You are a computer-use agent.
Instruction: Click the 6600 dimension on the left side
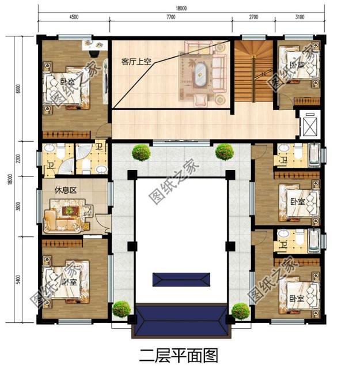[19, 88]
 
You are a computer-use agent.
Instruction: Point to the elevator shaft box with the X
[310, 122]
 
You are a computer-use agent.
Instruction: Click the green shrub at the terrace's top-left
[141, 153]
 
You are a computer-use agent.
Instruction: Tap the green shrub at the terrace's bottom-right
[240, 311]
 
